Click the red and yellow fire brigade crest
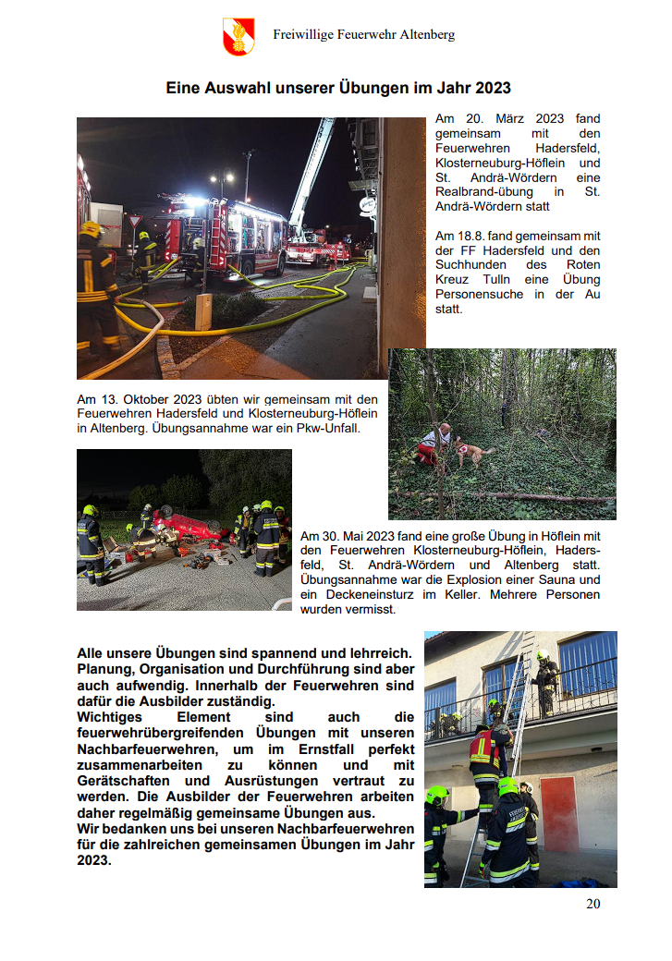pyautogui.click(x=238, y=37)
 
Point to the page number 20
pyautogui.click(x=593, y=903)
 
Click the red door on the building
pyautogui.click(x=558, y=800)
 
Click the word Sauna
pyautogui.click(x=553, y=579)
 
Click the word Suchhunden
pyautogui.click(x=470, y=264)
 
